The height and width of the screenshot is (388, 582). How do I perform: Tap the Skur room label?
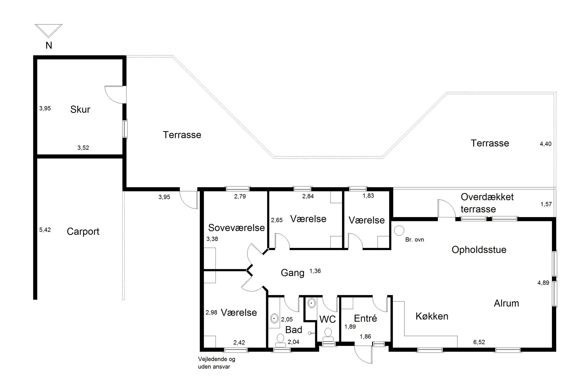coord(80,109)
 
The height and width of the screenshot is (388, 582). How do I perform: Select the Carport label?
coord(83,232)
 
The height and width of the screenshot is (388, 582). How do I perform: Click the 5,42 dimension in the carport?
coord(45,230)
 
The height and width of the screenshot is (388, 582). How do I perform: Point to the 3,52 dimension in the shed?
coord(83,148)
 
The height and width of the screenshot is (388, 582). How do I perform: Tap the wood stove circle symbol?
coord(399,230)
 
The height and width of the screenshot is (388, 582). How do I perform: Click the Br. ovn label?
coord(415,239)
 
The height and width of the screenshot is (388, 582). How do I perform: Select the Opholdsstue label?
coord(479,250)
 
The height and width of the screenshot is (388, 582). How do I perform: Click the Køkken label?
coord(432,316)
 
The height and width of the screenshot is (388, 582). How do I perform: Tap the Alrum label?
coord(506,303)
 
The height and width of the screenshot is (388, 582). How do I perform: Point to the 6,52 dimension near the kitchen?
coord(479,342)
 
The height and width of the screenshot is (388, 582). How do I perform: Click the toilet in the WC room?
coord(327,335)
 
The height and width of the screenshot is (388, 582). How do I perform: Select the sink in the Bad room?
coord(274,319)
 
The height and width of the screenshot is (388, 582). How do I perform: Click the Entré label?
coord(366,318)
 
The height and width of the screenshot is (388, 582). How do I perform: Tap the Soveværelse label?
coord(236,228)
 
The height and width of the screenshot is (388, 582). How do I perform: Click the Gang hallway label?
coord(293,273)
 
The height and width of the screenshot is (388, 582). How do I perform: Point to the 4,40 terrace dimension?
coord(545,144)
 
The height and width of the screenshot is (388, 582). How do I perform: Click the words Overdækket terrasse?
coord(487,203)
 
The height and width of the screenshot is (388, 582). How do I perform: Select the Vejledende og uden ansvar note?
coord(216,363)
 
